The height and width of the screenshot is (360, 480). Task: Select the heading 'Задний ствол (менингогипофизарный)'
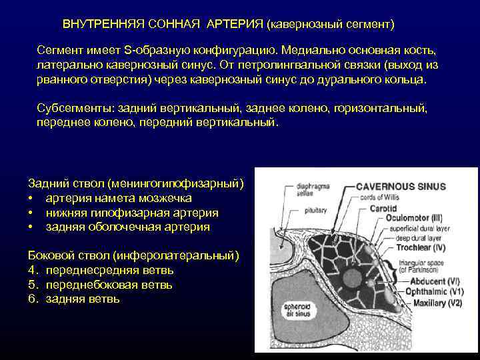tap(136, 183)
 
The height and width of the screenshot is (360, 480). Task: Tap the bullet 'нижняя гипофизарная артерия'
tap(131, 212)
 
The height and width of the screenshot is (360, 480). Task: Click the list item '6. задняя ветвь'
tap(74, 299)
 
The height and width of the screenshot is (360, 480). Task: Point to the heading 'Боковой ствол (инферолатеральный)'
tap(134, 255)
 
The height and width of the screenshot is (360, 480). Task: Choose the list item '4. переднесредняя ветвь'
tap(101, 270)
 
